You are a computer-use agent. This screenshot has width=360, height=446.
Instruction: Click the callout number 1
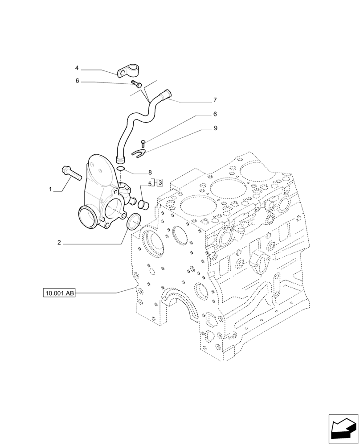pyautogui.click(x=51, y=190)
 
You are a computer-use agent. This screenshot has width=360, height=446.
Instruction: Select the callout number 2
pyautogui.click(x=59, y=243)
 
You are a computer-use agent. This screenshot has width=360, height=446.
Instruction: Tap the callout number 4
pyautogui.click(x=77, y=68)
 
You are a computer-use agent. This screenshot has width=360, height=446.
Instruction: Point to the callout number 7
pyautogui.click(x=215, y=99)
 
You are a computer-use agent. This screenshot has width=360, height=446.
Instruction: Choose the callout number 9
pyautogui.click(x=215, y=128)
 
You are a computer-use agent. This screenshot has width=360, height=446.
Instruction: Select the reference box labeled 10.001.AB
pyautogui.click(x=59, y=293)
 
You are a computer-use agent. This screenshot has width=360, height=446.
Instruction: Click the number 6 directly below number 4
pyautogui.click(x=77, y=81)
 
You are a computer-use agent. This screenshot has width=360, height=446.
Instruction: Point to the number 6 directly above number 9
pyautogui.click(x=215, y=114)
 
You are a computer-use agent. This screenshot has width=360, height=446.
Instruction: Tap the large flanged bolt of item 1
pyautogui.click(x=70, y=172)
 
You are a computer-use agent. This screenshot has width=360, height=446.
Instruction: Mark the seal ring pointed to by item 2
pyautogui.click(x=133, y=222)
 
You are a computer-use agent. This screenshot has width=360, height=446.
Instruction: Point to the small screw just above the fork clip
pyautogui.click(x=143, y=143)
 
